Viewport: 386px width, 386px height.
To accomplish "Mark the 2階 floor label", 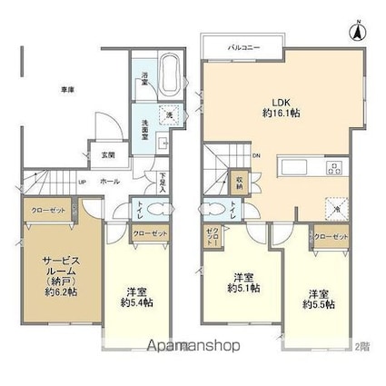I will pos(363,346).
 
